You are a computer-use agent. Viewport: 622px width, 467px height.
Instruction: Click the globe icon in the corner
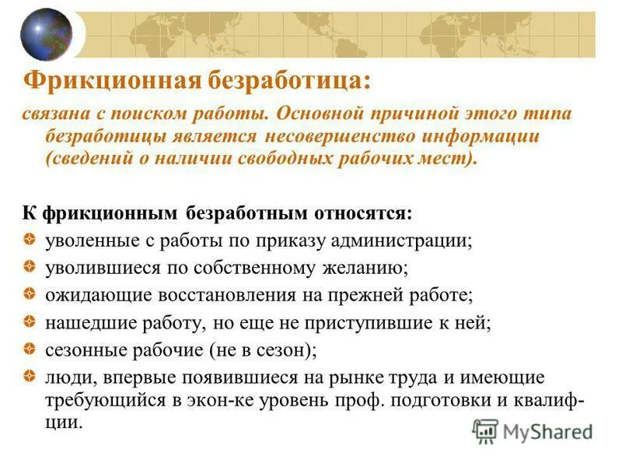pos(46,33)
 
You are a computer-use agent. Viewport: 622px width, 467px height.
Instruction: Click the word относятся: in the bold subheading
pos(365,212)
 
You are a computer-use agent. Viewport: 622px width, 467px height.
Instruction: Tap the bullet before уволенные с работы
pos(27,237)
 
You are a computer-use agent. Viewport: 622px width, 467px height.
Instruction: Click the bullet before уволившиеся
pos(27,267)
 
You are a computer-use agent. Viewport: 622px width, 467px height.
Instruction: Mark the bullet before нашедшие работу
pos(27,321)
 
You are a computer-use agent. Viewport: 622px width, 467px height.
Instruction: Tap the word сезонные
pos(79,350)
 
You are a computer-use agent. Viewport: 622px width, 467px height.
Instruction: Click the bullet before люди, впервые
pos(27,375)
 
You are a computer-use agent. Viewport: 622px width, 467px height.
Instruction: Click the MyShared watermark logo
pos(533,430)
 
